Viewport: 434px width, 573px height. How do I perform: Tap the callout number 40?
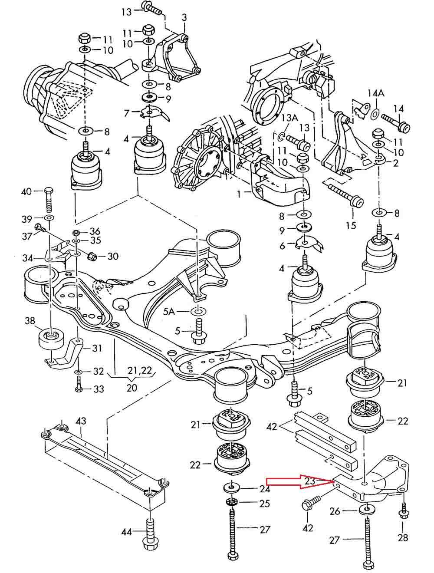click(26, 191)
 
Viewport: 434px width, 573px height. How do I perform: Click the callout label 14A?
click(376, 93)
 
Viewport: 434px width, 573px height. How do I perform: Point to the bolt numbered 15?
click(345, 196)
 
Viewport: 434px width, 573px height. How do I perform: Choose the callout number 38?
click(30, 321)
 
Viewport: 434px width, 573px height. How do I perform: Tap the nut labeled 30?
click(93, 257)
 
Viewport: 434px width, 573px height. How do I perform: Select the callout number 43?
click(81, 421)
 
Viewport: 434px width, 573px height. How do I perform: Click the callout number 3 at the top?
click(184, 17)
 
